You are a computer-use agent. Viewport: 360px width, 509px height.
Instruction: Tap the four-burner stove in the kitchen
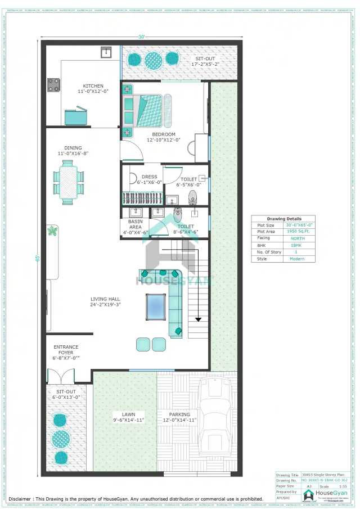pos(53,85)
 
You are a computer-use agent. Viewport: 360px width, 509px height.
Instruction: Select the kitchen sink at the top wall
pos(105,52)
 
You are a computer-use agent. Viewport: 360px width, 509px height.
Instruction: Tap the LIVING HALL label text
pos(106,301)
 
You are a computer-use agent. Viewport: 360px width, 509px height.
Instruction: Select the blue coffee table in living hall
pos(155,306)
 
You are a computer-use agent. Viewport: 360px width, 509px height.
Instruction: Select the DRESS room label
pos(150,177)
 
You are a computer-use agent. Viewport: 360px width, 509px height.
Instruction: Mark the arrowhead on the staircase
pos(197,319)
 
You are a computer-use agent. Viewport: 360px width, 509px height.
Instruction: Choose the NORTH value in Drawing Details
pos(297,238)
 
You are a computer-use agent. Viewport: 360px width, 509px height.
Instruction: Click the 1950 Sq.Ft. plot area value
pos(297,232)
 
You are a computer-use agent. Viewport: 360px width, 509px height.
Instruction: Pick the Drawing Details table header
pos(284,219)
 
